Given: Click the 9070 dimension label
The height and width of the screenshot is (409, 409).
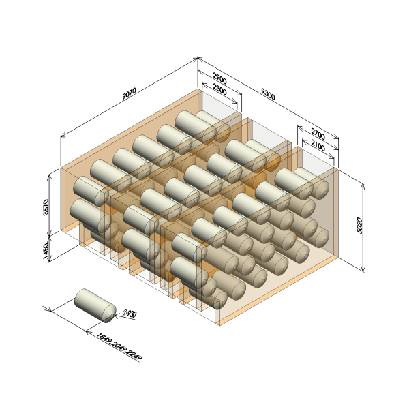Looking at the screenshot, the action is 130,93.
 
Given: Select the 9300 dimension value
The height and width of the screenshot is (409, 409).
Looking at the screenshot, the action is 268,94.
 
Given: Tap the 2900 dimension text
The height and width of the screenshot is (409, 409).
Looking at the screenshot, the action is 220,78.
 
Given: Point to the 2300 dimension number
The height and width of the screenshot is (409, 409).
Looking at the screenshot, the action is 220,89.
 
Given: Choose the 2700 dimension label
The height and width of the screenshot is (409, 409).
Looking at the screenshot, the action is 318,134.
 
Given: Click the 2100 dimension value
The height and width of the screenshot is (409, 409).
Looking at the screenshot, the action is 318,146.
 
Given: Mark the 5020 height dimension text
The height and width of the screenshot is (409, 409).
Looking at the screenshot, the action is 359,226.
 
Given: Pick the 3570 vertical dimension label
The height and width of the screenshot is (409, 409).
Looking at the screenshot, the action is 46,207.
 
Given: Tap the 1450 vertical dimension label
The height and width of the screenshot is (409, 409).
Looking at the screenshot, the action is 46,251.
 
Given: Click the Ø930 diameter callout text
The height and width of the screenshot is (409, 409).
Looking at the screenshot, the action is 130,314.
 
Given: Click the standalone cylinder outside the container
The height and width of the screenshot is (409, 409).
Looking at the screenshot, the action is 95,305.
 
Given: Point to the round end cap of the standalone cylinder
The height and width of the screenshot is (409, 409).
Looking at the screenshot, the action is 109,314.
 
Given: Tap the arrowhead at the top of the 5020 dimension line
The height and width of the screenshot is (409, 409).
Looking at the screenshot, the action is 363,186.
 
